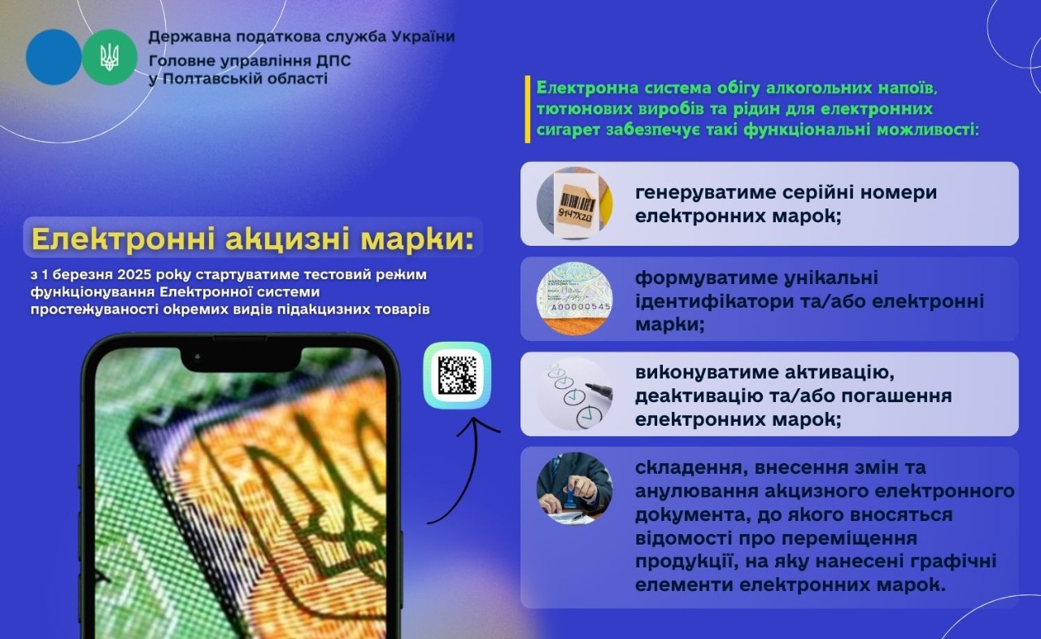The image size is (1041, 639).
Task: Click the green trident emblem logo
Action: click(x=109, y=57)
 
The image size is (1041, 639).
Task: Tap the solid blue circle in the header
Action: click(x=54, y=57)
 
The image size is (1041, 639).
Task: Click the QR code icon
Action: click(x=457, y=375)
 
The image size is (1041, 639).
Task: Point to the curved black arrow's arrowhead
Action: click(x=481, y=425)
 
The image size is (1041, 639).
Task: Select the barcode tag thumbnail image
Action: click(x=574, y=204)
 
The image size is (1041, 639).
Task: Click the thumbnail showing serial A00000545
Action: click(x=574, y=299)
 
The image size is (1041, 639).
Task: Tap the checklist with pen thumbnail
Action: click(x=574, y=394)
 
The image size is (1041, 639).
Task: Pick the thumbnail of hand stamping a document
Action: click(x=574, y=488)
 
